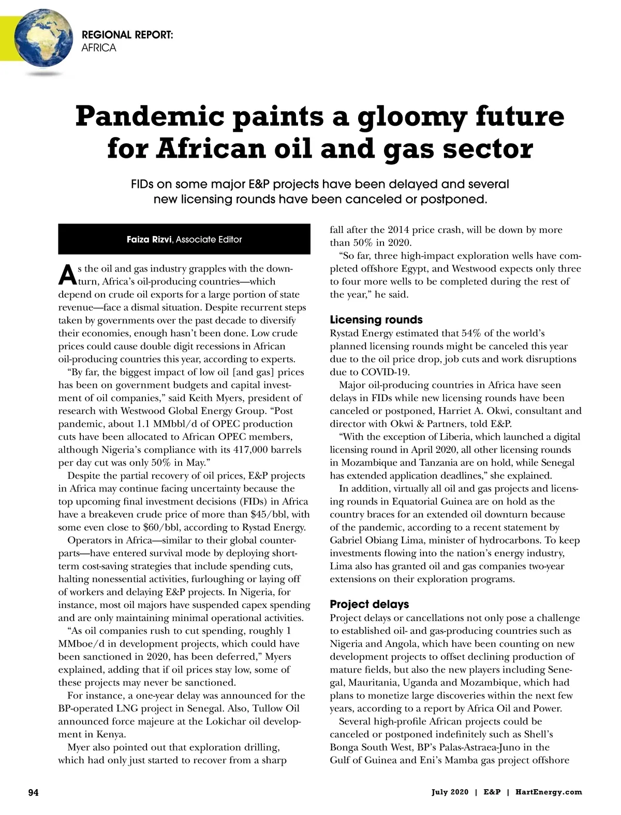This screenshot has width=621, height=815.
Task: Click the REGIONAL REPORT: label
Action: [x=127, y=35]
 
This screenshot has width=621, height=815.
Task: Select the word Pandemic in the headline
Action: [x=150, y=116]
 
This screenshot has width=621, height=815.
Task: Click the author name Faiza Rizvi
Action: [x=149, y=240]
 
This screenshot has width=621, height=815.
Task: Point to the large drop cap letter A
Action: [x=67, y=275]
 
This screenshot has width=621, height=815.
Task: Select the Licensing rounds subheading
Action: [x=376, y=320]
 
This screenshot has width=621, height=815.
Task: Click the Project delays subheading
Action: [x=369, y=604]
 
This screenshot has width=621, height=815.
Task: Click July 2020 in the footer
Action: [x=450, y=792]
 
